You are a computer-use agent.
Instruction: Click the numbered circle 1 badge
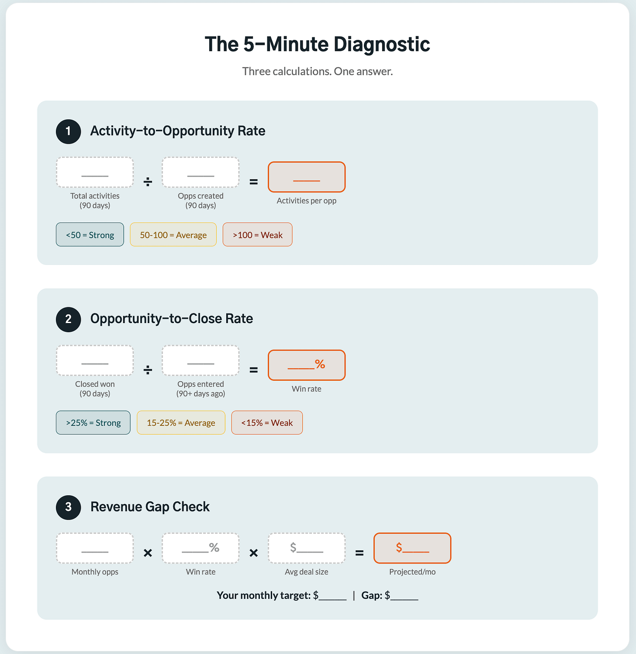point(68,132)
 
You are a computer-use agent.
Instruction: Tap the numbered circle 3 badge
point(68,507)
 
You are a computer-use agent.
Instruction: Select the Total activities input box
point(95,172)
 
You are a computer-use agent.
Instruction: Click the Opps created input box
point(200,172)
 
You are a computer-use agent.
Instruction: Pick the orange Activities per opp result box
point(307,177)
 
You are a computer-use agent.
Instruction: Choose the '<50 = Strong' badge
point(90,235)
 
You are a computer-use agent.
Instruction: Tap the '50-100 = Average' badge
point(173,235)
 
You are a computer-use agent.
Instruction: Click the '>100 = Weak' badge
point(258,235)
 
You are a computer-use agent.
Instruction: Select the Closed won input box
point(95,360)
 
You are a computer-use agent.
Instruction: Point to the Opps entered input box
point(200,360)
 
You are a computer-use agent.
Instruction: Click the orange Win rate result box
point(307,365)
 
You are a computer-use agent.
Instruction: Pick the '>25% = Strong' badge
point(93,423)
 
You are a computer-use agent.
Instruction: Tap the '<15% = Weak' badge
point(267,423)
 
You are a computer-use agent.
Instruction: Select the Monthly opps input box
point(95,548)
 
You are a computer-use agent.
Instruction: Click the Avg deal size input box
point(307,548)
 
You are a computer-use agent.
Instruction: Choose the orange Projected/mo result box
point(412,548)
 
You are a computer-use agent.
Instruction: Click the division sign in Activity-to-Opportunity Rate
point(148,182)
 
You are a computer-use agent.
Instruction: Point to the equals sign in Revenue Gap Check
point(359,553)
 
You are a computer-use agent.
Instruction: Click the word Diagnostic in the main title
point(382,44)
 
